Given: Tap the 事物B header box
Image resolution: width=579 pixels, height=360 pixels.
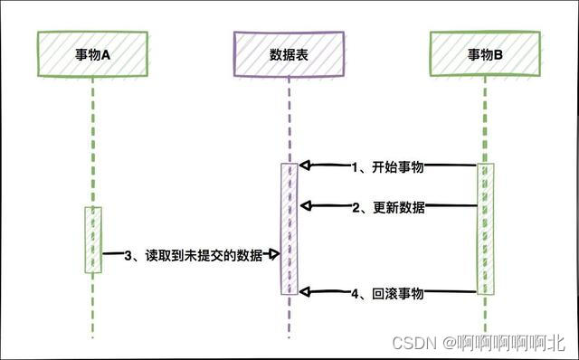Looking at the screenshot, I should pos(485,54).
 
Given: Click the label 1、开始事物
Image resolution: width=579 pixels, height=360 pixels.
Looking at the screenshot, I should pos(388,166).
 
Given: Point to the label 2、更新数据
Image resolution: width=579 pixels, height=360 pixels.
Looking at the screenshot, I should pos(388,207).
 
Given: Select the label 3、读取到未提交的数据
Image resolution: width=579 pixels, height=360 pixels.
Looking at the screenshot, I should pos(192,256).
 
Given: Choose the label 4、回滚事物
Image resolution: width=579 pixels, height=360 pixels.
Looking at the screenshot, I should pos(388,293).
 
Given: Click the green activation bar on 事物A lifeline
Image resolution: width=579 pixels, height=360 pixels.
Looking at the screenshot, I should pos(94,240).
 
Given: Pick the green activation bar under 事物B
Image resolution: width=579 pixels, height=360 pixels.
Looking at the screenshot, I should pos(486,229).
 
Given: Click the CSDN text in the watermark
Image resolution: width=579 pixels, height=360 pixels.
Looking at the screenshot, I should pos(412,343).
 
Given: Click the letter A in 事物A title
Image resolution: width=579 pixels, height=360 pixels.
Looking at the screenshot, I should pos(105,54).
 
